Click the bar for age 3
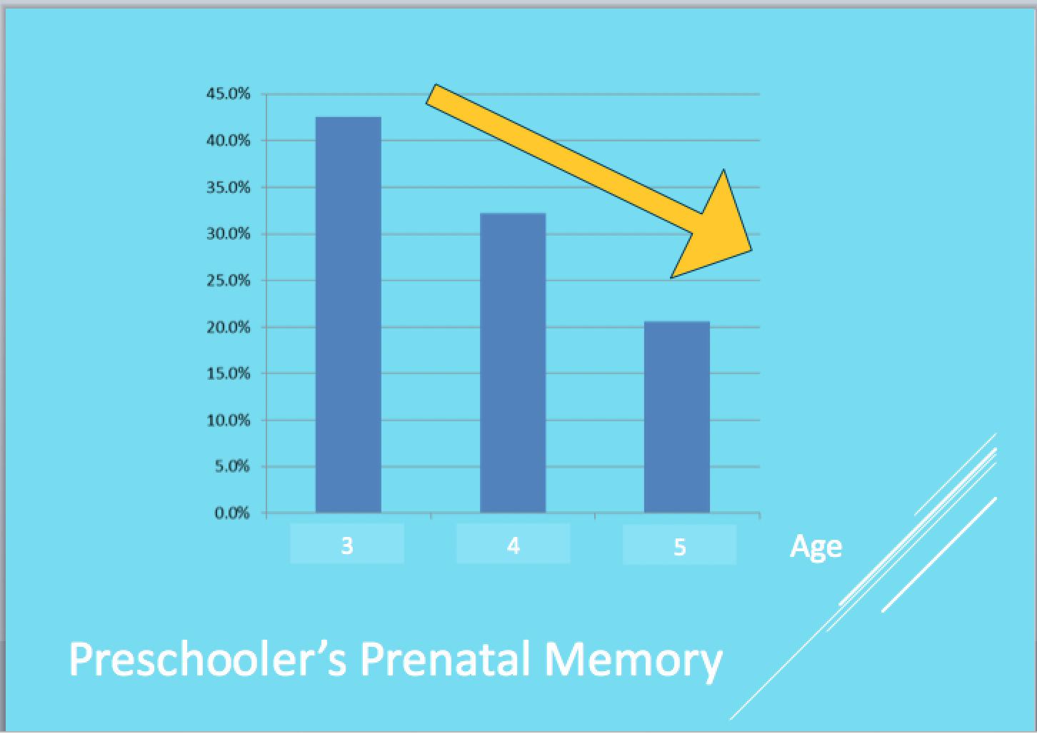348,315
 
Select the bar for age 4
513,363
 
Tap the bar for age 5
677,417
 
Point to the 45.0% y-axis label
229,94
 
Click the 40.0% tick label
229,141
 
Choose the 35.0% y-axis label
229,188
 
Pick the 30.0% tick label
229,233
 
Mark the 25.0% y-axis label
229,281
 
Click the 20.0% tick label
229,327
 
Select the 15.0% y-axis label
229,373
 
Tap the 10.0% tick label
229,421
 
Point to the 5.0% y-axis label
232,466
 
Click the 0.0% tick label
232,513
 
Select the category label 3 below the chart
347,546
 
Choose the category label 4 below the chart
514,546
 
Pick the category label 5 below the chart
680,546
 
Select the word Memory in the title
633,662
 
